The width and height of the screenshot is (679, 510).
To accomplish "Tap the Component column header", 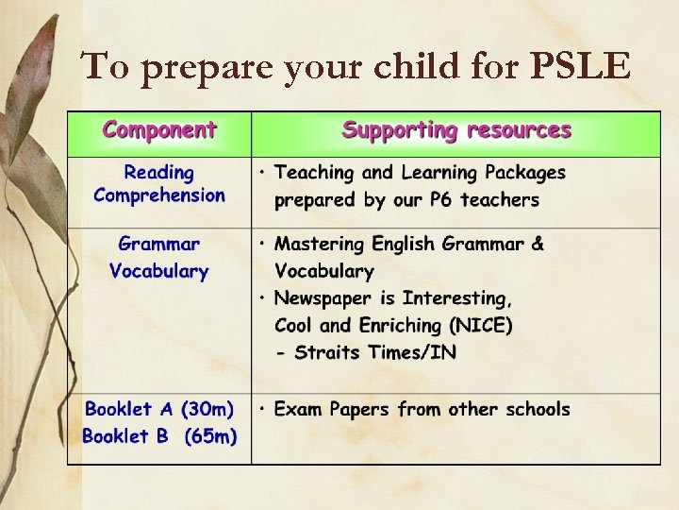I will [159, 129].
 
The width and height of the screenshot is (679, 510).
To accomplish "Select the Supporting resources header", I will [456, 129].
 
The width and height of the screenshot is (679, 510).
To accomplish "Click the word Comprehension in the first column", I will [159, 195].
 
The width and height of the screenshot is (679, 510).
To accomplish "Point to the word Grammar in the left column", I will [159, 244].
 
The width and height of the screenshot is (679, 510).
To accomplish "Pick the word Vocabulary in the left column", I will [158, 271].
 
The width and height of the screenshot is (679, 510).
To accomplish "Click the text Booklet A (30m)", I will [159, 409].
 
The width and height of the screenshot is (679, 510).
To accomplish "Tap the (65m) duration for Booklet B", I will [210, 436].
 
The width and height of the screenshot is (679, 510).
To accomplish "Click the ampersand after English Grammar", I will [538, 244].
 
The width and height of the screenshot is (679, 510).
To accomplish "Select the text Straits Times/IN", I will [375, 353].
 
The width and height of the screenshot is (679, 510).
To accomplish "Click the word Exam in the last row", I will [296, 409].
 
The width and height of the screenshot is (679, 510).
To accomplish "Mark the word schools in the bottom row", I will [537, 409].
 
